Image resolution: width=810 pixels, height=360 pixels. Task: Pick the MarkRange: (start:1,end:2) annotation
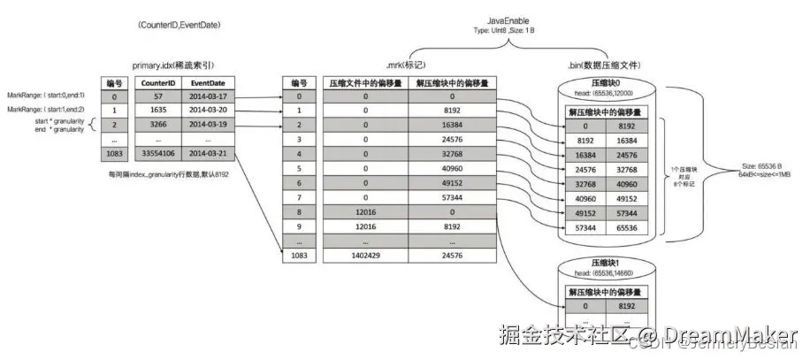[x=46, y=110]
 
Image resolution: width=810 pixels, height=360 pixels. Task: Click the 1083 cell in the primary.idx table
[x=113, y=154]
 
